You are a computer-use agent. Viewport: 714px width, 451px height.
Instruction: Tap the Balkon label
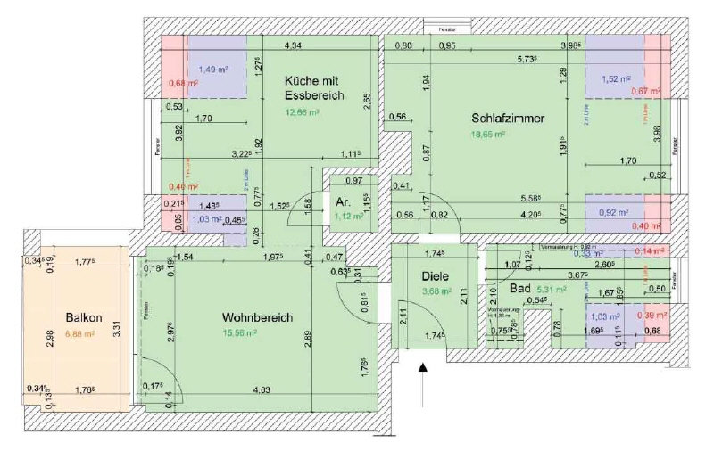(x=83, y=318)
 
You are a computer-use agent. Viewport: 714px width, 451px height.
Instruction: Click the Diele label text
(x=436, y=276)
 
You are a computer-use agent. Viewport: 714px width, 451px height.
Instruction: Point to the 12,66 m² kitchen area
(x=303, y=113)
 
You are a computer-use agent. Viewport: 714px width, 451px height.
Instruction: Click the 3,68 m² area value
(x=436, y=290)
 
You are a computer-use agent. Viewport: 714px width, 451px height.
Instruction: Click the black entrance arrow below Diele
(x=424, y=365)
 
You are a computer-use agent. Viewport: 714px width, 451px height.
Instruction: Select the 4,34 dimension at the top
(x=292, y=45)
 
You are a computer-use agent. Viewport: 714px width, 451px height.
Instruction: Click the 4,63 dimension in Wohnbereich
(x=262, y=389)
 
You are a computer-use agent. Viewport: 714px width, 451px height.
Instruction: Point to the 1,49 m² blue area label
(x=212, y=70)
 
